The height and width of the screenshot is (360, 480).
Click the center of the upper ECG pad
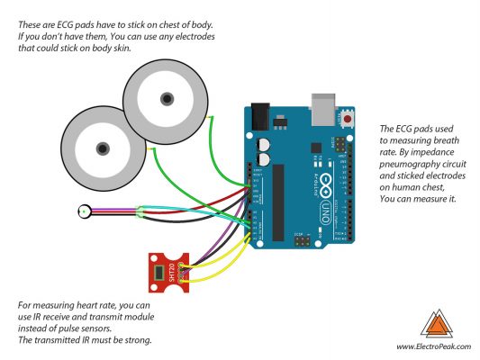point(166,97)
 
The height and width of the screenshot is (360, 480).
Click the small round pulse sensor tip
point(84,212)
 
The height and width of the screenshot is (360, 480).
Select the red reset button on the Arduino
point(348,119)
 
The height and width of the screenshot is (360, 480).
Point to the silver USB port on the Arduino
point(323,107)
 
